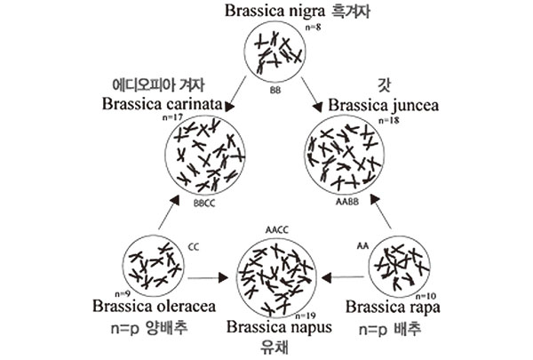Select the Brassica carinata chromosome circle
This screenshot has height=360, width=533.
coord(205,156)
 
